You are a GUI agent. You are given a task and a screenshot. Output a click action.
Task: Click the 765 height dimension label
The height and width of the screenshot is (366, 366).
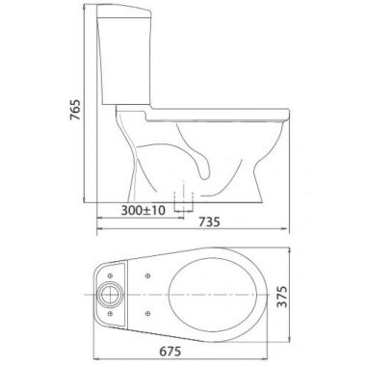coord(75,110)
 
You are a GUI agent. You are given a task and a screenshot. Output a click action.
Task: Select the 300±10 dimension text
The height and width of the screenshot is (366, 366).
coord(144,211)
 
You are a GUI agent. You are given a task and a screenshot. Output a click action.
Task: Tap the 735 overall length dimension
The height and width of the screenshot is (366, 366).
coord(209,222)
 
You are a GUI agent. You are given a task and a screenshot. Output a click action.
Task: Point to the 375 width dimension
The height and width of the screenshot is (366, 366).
coord(282,296)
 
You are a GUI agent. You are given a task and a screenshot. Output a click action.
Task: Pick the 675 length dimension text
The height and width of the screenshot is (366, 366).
coord(170,352)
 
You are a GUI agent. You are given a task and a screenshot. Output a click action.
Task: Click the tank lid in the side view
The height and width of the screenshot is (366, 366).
coord(124,11)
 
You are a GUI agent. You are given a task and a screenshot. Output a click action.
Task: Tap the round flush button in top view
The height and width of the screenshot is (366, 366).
coord(111,295)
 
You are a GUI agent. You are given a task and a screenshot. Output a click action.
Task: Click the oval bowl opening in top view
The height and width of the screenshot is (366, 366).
coord(213,294)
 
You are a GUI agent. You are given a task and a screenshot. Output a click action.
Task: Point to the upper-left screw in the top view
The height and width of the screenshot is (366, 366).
coord(110,275)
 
